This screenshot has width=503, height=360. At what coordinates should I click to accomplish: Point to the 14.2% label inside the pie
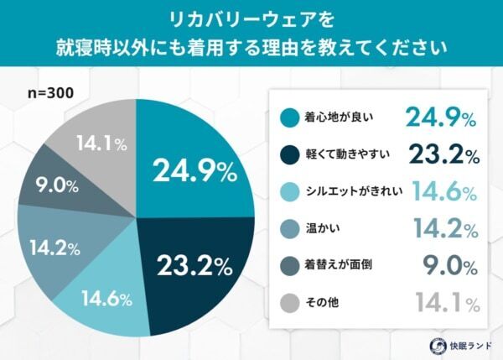(54, 248)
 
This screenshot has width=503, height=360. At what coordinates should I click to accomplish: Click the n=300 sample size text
(48, 95)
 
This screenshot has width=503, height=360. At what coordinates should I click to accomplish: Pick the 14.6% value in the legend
(442, 192)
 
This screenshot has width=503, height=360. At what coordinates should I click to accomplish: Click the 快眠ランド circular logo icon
(437, 344)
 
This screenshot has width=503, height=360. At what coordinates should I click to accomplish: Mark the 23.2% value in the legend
(442, 155)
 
